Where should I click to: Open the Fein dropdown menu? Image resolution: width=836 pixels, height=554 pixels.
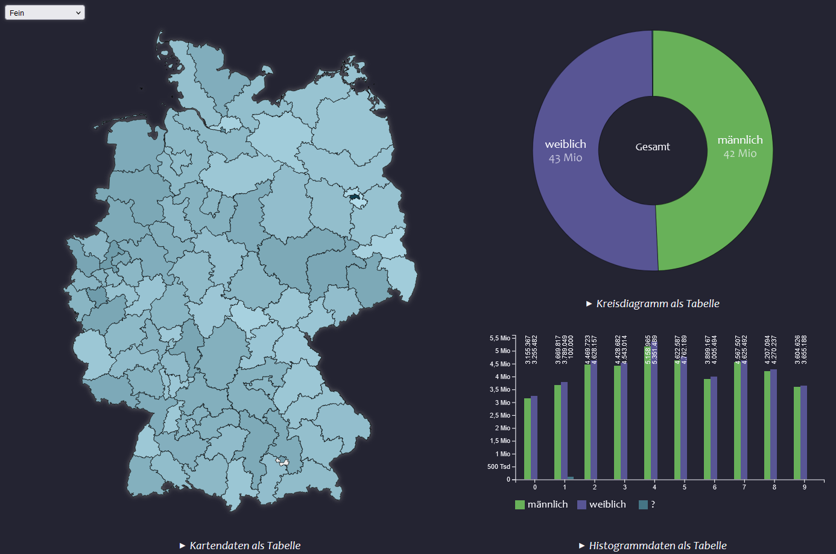45,13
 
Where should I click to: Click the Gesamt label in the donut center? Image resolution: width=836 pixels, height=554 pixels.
653,147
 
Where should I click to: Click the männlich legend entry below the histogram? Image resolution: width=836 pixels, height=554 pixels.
541,505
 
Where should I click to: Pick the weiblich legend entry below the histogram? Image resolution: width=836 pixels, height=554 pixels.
601,505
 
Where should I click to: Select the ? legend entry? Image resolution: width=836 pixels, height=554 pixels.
647,505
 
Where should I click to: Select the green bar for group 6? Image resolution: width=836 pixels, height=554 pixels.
707,429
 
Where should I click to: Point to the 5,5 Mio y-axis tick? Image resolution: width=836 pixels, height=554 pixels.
500,338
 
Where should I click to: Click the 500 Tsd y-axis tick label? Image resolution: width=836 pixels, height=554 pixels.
499,466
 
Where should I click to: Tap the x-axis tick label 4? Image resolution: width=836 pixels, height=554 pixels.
654,487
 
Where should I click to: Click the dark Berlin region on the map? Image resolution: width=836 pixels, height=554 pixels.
354,196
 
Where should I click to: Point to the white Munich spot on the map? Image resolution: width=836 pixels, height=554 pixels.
282,462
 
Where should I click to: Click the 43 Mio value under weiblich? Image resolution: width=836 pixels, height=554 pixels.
565,158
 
